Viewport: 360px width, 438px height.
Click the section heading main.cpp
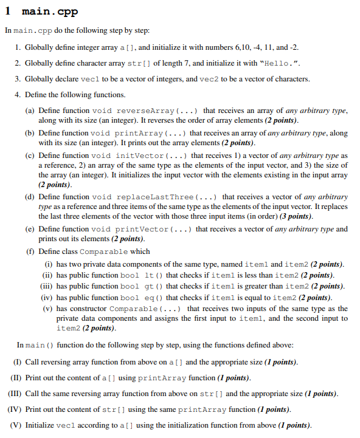click(49, 12)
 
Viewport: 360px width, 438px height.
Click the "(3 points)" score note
click(294, 216)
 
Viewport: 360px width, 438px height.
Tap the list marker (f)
click(29, 252)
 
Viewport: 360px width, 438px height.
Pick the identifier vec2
click(215, 79)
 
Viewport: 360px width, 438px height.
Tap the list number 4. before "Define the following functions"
click(18, 95)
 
